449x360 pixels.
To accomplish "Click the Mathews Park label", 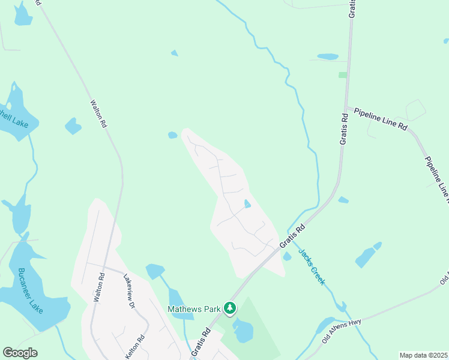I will [195, 310].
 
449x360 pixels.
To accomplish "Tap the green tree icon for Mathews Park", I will [229, 308].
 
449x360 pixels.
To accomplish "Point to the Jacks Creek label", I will [312, 266].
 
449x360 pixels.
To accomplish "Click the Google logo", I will [20, 353].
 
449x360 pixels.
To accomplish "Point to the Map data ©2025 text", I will [423, 355].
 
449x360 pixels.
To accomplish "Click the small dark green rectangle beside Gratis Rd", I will [343, 75].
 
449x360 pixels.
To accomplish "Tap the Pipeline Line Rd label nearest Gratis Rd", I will [381, 119].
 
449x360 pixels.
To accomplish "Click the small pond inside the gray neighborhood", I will [247, 204].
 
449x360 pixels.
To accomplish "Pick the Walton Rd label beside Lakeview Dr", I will [100, 287].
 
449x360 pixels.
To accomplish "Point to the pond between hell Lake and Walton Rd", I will [73, 126].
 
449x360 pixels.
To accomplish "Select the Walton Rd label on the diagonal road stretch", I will [98, 113].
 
